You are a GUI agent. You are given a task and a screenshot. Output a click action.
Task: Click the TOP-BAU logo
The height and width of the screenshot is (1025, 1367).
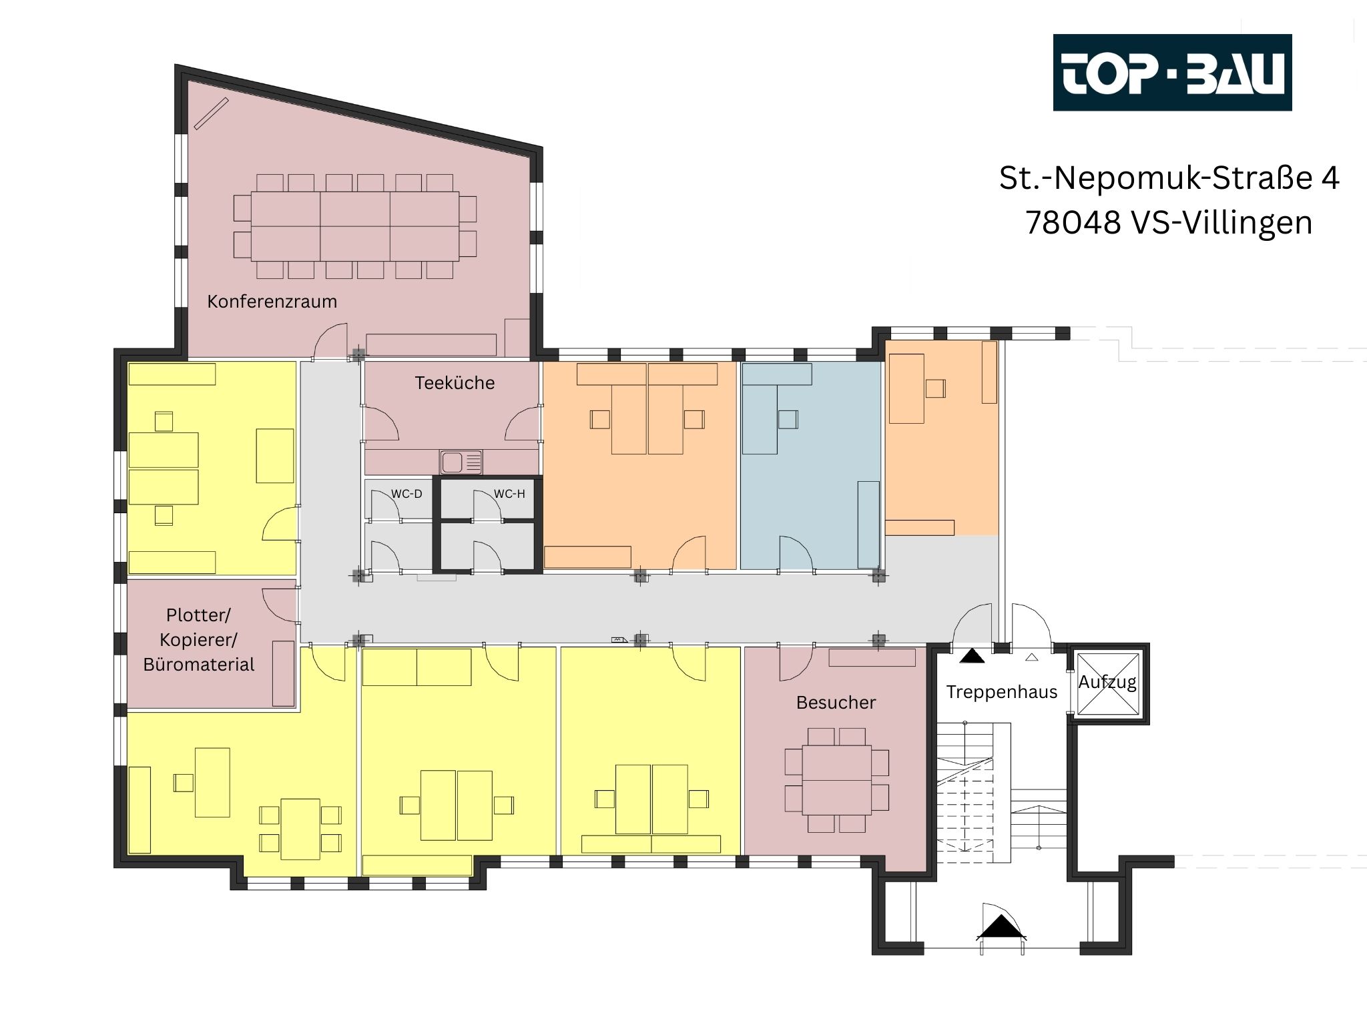coord(1172,72)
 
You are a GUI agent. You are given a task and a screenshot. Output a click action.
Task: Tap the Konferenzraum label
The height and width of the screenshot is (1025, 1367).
coord(272,302)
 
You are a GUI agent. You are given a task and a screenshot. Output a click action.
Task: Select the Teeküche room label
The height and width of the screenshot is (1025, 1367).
coord(455,383)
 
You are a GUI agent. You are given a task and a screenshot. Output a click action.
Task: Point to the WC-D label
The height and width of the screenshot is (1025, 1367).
coord(406,494)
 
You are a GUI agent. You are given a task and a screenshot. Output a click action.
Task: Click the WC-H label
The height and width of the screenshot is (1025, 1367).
coord(509,494)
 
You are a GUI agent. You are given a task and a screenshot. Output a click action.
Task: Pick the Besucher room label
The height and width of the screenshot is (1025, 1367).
coord(836,702)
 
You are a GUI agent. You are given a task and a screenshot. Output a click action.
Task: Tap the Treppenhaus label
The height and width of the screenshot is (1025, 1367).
coord(1001,692)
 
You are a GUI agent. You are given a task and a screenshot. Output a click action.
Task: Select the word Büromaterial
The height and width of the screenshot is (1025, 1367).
coord(199,665)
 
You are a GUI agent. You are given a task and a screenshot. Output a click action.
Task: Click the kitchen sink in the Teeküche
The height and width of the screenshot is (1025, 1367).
coord(461,462)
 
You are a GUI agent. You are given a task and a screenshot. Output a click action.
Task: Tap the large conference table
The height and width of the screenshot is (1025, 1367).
coord(355,226)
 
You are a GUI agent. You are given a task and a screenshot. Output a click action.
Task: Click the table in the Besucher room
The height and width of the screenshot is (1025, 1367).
coord(837,779)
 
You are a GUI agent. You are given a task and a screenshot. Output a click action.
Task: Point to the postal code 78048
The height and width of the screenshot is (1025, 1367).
coord(1073,222)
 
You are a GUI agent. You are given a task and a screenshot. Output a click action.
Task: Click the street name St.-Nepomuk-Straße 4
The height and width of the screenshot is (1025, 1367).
coord(1169,178)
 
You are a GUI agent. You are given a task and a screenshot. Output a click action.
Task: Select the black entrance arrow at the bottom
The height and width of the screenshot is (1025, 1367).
coord(1001,928)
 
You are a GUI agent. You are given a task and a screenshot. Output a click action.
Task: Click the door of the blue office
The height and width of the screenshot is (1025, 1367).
coord(796,553)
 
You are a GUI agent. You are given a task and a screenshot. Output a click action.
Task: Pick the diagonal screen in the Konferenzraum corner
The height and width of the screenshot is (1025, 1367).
coord(212,113)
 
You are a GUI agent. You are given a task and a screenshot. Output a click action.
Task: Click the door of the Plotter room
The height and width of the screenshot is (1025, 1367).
coord(279,605)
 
